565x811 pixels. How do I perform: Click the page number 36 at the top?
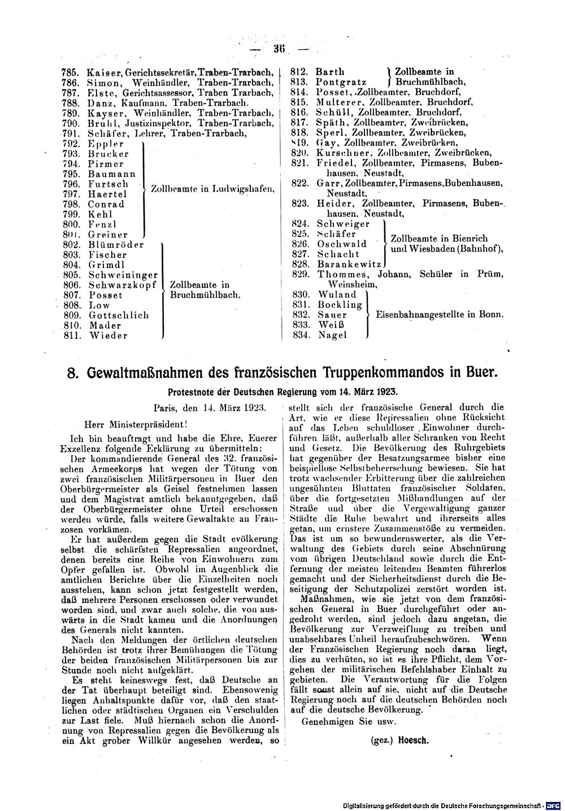[278, 49]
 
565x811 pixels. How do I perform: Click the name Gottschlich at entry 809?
[119, 315]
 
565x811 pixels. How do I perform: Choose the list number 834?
[298, 335]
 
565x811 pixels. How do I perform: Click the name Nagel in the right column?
[332, 335]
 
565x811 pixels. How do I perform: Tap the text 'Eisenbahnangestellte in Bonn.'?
[440, 314]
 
